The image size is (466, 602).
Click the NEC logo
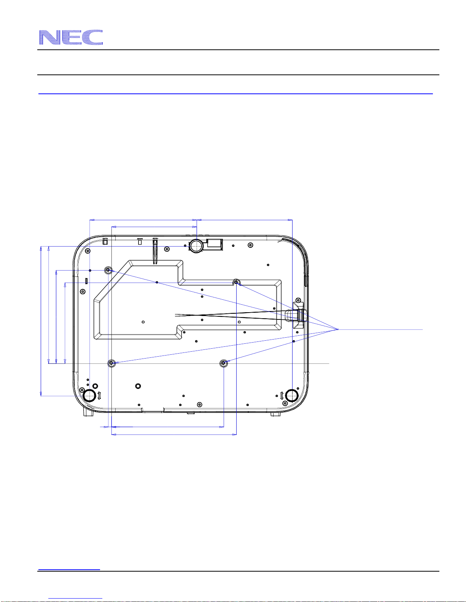click(71, 37)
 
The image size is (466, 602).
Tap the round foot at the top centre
click(196, 245)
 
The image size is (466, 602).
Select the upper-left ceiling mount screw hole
click(108, 270)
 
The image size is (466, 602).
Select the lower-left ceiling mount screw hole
click(111, 363)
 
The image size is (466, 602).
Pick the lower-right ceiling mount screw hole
click(223, 363)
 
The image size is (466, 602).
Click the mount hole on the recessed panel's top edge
click(236, 282)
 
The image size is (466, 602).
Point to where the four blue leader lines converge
click(338, 329)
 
